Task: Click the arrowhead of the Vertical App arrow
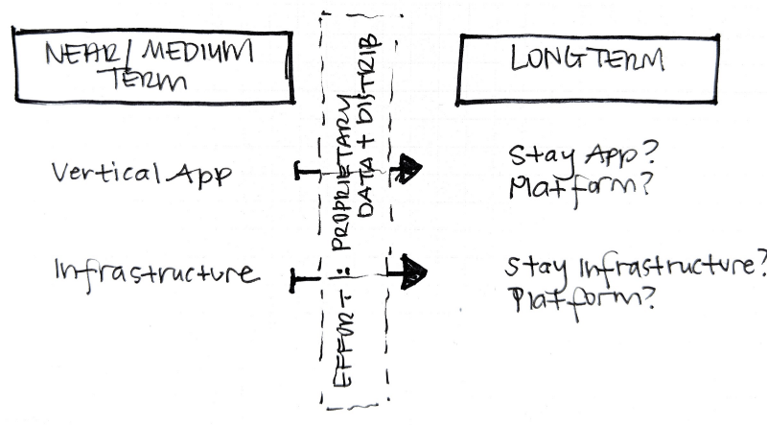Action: [x=411, y=169]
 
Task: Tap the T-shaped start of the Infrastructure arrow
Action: [x=295, y=279]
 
